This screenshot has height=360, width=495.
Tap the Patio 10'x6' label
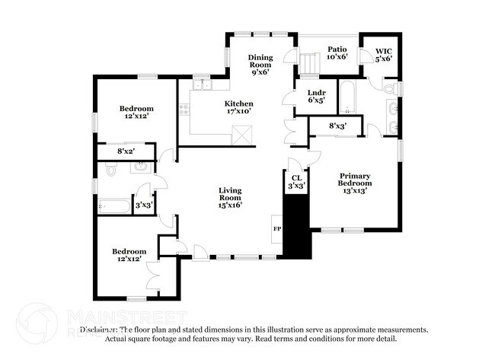point(337,52)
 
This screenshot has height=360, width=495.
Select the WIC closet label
point(383,55)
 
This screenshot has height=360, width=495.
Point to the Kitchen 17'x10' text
point(238,107)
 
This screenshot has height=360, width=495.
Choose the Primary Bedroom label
point(356,183)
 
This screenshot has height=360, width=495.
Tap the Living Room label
point(230,196)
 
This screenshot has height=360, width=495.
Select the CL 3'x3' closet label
point(296,181)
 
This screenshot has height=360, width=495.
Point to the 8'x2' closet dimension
point(127,151)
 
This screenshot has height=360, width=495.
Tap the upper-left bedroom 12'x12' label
point(137,113)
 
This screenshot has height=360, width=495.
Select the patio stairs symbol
point(309,65)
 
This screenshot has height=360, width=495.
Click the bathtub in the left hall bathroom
point(114,205)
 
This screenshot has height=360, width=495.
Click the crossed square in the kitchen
point(242,135)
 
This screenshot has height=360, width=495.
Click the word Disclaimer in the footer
point(101,330)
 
